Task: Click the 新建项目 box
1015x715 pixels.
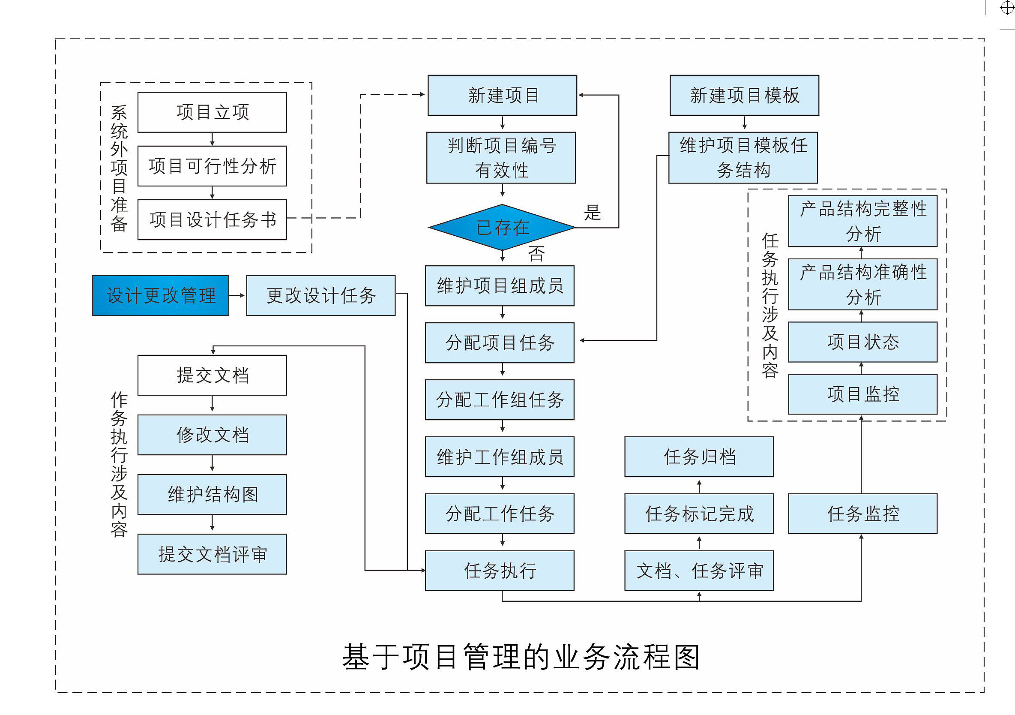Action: (x=502, y=96)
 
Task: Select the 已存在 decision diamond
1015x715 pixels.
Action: (x=502, y=227)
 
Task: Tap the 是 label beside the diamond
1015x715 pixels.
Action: (x=593, y=213)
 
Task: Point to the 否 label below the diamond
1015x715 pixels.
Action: (x=536, y=254)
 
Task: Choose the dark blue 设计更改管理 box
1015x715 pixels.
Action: (x=161, y=295)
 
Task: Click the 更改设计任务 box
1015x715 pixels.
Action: (x=320, y=295)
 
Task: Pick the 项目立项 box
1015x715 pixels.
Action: (x=212, y=112)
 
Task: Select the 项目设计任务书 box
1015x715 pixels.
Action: (x=212, y=220)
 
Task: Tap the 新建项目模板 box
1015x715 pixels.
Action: (x=745, y=96)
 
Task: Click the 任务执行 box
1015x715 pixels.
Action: (x=500, y=571)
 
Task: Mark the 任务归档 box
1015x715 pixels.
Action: (x=699, y=457)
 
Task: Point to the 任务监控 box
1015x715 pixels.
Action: (x=862, y=514)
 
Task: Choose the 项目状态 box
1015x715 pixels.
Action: (x=862, y=342)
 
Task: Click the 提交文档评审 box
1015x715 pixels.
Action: (x=212, y=554)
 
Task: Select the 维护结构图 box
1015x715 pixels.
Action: (x=212, y=494)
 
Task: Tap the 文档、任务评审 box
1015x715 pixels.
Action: (x=699, y=571)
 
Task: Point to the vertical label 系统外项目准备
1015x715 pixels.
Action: (x=119, y=168)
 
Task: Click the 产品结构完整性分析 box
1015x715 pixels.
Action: (x=862, y=221)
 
